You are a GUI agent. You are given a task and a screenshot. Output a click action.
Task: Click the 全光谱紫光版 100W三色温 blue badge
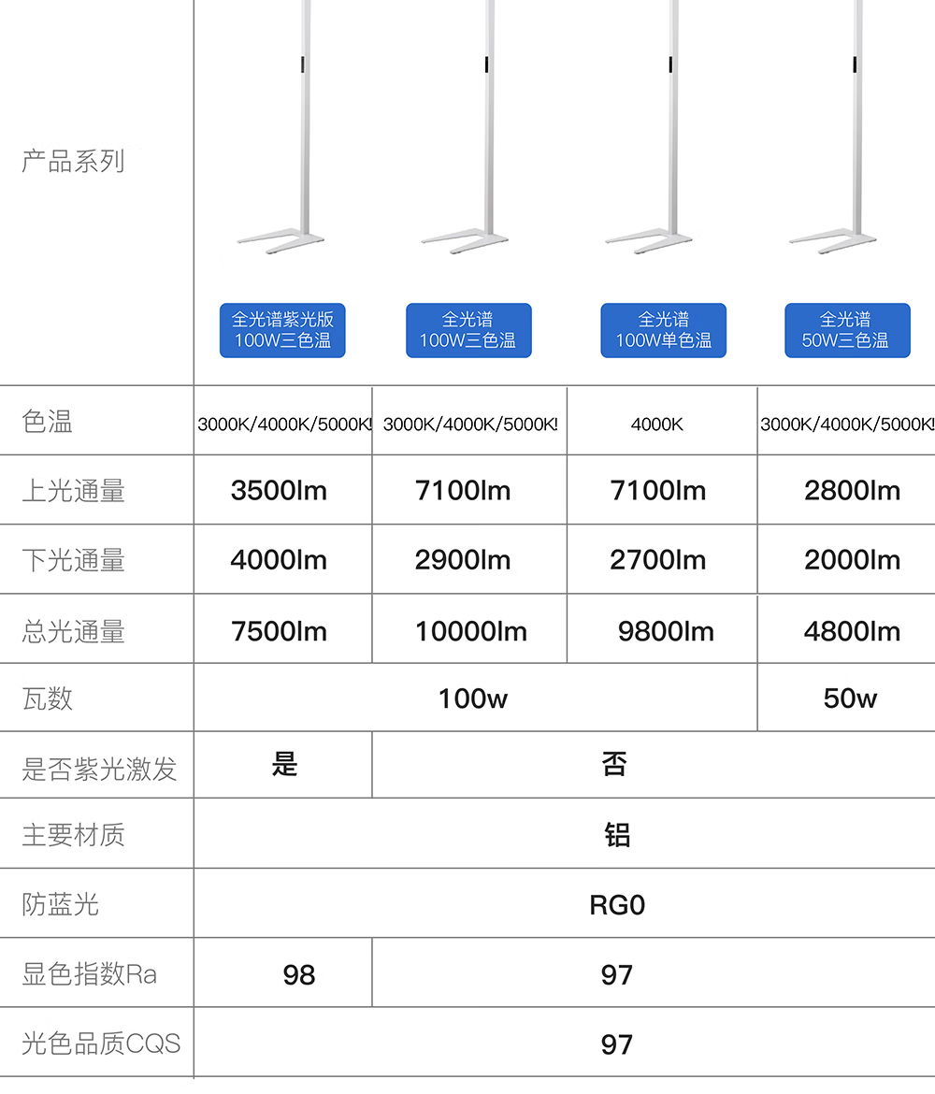point(282,330)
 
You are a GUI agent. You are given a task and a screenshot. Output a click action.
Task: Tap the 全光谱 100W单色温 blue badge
point(663,330)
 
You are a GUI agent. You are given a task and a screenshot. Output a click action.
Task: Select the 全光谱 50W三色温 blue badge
point(847,330)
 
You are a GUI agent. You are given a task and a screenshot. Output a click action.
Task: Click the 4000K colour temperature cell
point(657,425)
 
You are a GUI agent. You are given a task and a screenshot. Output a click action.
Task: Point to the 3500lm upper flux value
point(279,490)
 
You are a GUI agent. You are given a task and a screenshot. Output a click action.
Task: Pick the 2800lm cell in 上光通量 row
point(852,490)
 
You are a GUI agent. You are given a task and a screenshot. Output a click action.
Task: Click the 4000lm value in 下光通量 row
point(279,560)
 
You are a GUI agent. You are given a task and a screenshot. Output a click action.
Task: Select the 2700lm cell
point(657,560)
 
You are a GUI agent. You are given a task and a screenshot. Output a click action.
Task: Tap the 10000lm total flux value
point(470,631)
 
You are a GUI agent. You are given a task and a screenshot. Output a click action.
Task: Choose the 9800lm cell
point(666,631)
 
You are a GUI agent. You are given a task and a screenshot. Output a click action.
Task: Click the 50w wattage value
point(850,698)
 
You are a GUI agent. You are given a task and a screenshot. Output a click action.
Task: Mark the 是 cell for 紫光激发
point(284,765)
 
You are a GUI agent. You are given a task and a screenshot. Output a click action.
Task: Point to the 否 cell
point(614,765)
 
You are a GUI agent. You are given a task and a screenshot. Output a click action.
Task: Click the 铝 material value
point(617,834)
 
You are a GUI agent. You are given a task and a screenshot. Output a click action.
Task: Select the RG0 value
point(617,905)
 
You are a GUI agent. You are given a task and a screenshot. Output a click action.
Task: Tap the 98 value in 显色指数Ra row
point(298,975)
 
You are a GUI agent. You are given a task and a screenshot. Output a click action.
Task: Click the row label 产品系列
point(73,161)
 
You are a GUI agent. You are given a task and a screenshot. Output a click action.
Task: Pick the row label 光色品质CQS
point(100,1044)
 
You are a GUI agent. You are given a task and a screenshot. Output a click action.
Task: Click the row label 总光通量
point(73,631)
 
